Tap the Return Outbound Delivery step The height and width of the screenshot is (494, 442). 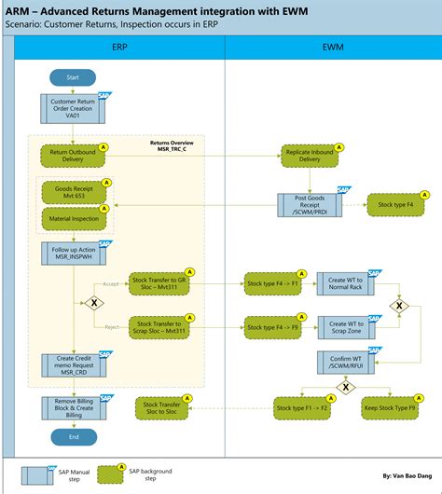pos(72,155)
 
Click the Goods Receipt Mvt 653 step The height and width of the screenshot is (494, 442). pos(73,193)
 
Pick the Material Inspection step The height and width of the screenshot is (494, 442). pos(73,219)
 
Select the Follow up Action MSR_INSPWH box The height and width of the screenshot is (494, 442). pos(72,253)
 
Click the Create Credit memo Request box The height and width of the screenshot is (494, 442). pos(72,364)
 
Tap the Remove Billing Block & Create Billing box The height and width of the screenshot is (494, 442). pos(72,407)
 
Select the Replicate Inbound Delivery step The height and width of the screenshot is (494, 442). pos(311,155)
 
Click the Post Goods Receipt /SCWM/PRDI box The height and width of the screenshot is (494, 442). pos(311,202)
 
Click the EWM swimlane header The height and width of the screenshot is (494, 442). pos(331,45)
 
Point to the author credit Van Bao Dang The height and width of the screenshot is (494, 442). pos(406,474)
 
